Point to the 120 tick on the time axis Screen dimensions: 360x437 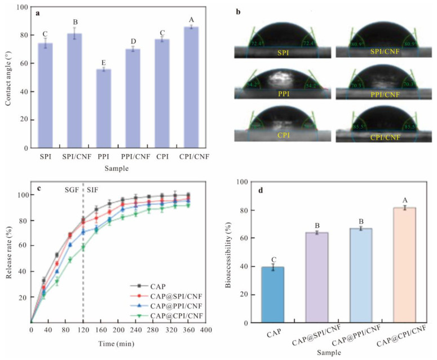click(x=83, y=329)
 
